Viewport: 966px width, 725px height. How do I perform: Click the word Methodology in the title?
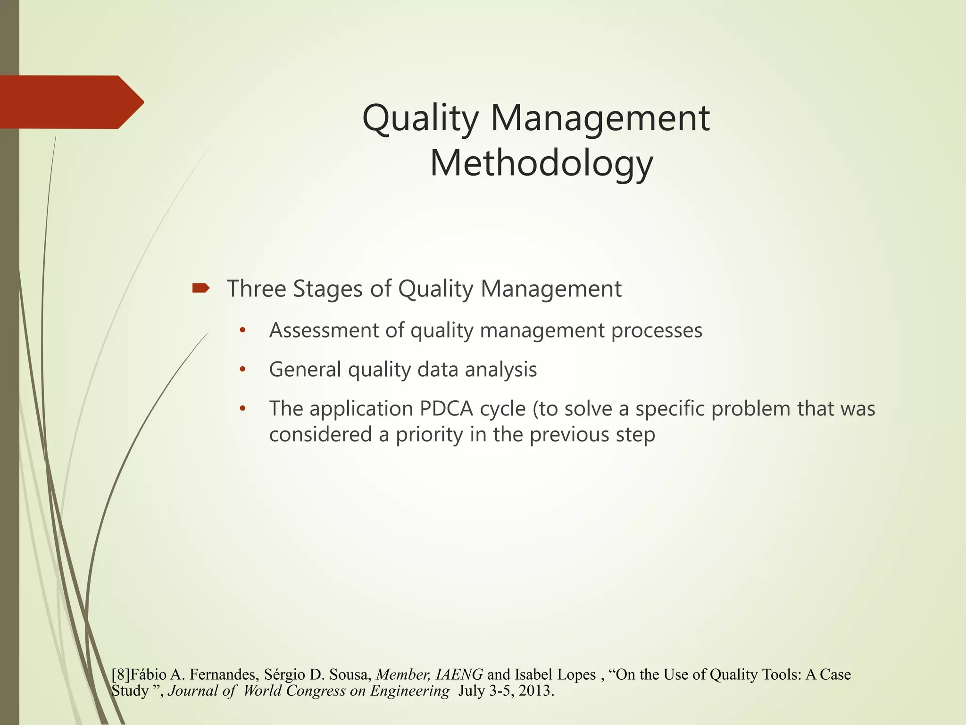point(541,163)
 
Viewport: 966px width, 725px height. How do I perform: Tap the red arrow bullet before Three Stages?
point(201,288)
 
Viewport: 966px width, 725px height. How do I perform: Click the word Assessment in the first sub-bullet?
point(324,330)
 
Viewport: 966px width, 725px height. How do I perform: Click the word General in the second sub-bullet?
point(305,370)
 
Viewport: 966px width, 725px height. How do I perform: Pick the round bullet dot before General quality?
point(242,370)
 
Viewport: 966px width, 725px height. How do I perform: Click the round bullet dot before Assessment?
point(242,330)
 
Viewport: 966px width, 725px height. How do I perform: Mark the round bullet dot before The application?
point(242,409)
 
